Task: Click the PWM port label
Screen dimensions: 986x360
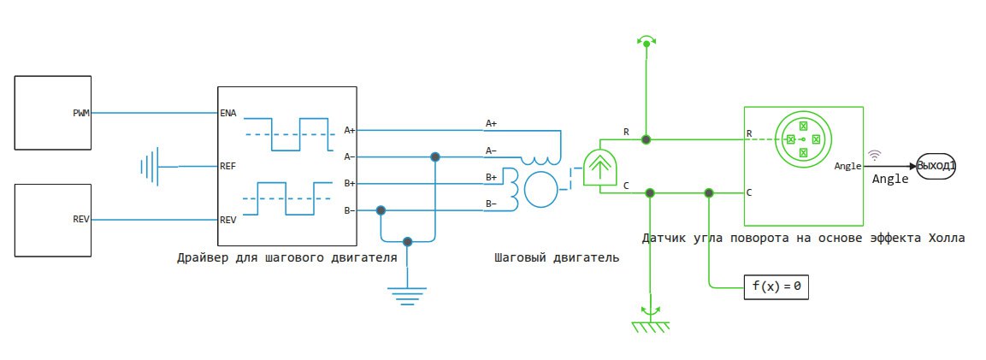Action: click(81, 113)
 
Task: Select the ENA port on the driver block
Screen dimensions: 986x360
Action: click(227, 113)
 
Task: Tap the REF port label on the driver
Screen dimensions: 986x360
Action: click(227, 167)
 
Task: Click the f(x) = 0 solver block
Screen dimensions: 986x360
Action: click(776, 287)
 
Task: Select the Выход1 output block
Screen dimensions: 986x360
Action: click(936, 166)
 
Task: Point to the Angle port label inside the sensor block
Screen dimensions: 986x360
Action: click(847, 167)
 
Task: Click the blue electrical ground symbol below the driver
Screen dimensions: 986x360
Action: click(407, 295)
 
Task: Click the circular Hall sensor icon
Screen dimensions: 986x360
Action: click(803, 139)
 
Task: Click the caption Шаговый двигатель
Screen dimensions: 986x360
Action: click(557, 257)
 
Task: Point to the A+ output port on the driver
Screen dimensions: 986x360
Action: click(350, 131)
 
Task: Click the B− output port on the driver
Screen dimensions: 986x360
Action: click(350, 210)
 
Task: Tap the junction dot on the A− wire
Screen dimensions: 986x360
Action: click(434, 156)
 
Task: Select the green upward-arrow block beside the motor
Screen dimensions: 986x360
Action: click(600, 168)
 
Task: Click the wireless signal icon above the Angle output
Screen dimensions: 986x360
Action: click(875, 155)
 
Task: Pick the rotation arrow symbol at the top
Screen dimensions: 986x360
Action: click(646, 41)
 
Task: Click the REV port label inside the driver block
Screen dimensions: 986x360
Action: click(227, 220)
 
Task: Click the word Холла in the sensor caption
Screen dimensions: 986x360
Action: click(947, 239)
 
